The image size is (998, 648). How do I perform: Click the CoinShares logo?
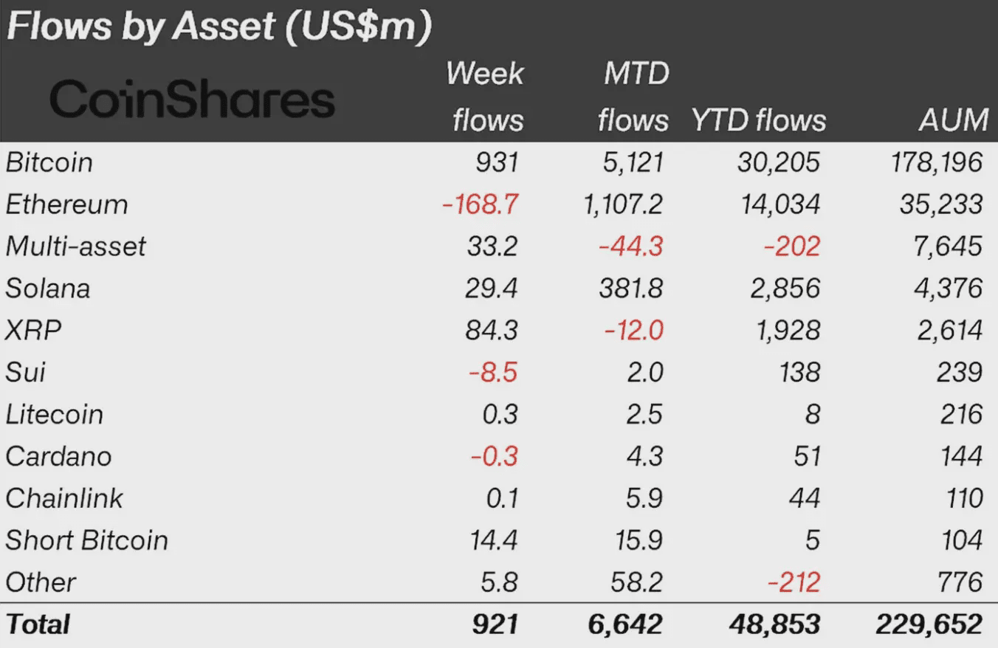(191, 100)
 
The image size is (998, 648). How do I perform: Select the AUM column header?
(953, 120)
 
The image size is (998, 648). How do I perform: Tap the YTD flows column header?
(759, 120)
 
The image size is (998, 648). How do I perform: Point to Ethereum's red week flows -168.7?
(480, 204)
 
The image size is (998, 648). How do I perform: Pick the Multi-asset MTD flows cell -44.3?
(630, 247)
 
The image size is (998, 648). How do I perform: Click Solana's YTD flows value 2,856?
(785, 288)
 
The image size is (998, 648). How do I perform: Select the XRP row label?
(33, 330)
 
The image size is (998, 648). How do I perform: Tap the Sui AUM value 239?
(959, 372)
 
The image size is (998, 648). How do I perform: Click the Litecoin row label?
(55, 414)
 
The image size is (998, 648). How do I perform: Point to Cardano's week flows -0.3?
(494, 456)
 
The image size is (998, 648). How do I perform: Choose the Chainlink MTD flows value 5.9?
(644, 498)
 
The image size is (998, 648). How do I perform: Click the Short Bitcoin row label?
(87, 540)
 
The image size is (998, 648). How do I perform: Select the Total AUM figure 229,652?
(929, 625)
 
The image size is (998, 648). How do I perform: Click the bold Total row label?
(38, 625)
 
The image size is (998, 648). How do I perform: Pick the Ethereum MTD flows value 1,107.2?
(623, 204)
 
